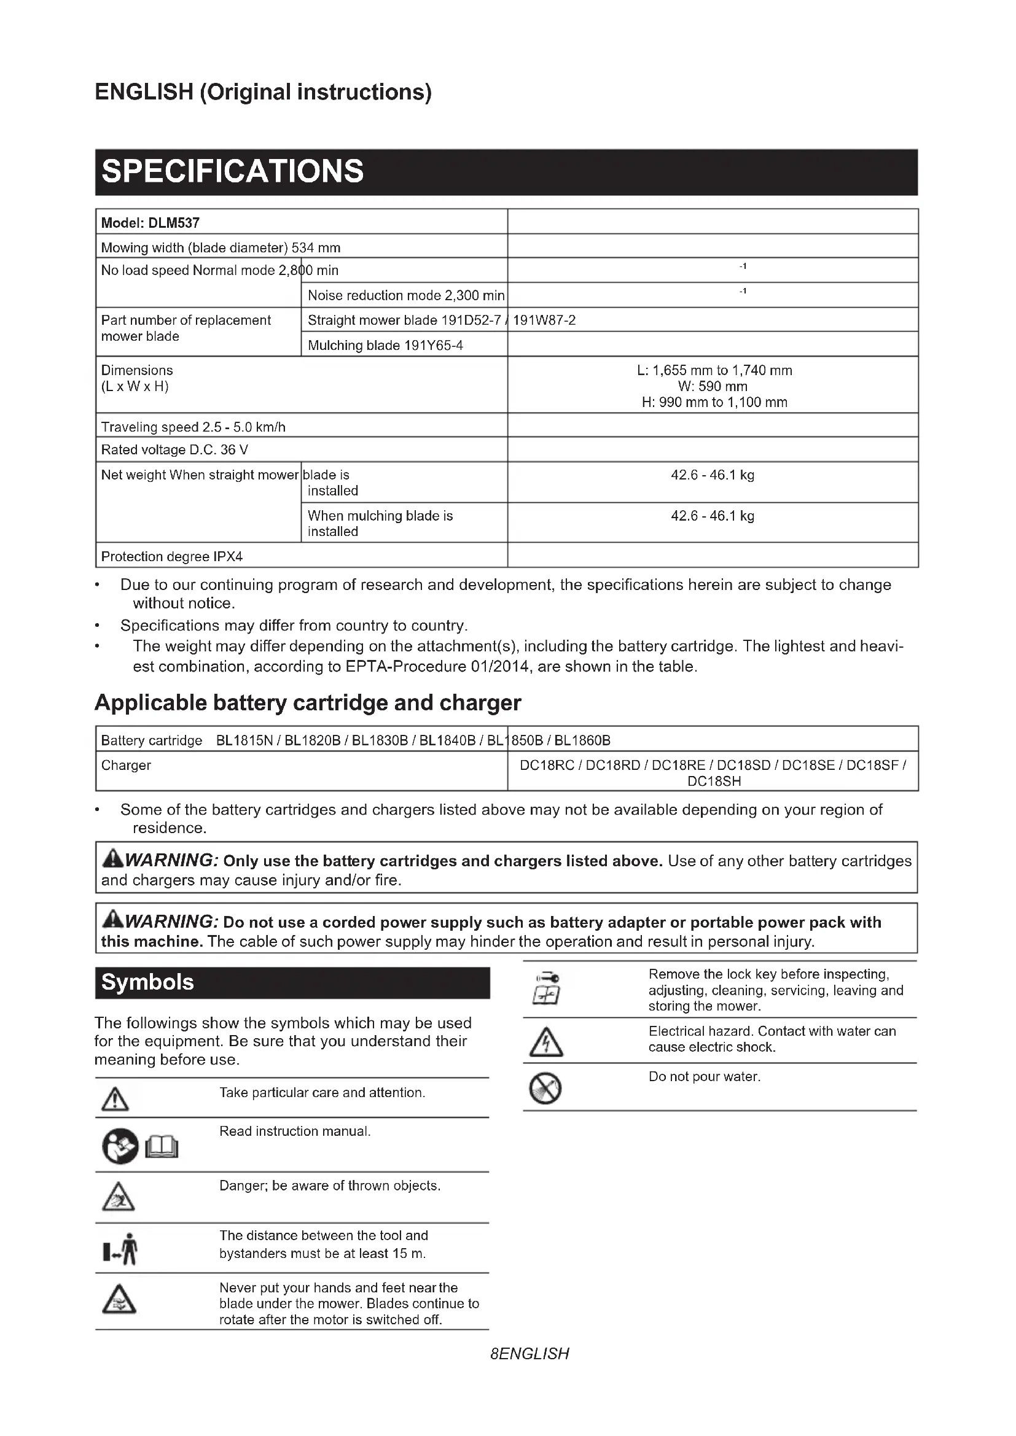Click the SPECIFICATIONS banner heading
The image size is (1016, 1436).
coord(232,171)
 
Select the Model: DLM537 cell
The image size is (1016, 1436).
coord(150,223)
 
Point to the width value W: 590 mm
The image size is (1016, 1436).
coord(713,386)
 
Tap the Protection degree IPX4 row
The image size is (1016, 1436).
coord(171,556)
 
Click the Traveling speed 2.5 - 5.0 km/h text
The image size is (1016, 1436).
coord(193,427)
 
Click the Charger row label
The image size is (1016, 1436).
coord(126,765)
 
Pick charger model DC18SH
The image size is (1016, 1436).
coord(714,781)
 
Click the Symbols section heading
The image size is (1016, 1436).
coord(147,982)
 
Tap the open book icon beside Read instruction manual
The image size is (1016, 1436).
coord(162,1147)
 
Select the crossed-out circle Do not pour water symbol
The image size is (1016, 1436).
coord(545,1089)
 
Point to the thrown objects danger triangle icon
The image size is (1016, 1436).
coord(117,1197)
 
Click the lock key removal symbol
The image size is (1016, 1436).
coord(546,988)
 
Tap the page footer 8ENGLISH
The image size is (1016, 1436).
coord(529,1354)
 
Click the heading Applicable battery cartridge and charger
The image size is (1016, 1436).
coord(307,703)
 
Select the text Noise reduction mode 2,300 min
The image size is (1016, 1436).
coord(405,295)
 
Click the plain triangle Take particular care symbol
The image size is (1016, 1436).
coord(115,1098)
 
